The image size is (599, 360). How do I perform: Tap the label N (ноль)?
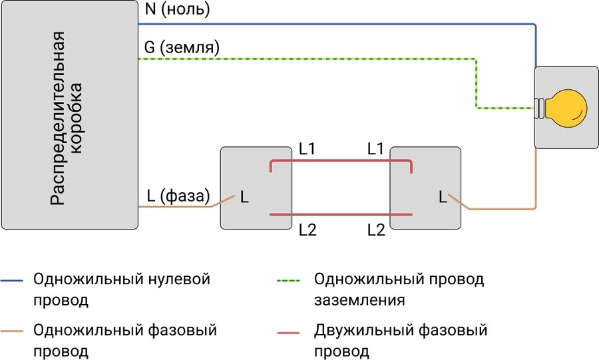176,10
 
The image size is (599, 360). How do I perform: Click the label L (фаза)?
178,196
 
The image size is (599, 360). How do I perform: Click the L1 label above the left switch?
307,149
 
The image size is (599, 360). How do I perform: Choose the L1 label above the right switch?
376,149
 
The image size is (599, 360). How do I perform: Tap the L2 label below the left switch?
307,230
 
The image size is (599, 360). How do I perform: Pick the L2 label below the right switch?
376,230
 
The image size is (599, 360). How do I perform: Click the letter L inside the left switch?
244,197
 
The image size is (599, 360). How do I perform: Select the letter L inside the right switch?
443,197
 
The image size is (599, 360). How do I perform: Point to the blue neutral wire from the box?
333,24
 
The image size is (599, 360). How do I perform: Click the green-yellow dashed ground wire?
306,59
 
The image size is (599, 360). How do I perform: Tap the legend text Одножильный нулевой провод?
122,289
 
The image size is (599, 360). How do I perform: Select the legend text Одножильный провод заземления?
399,289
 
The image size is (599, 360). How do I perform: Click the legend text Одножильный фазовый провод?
125,340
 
